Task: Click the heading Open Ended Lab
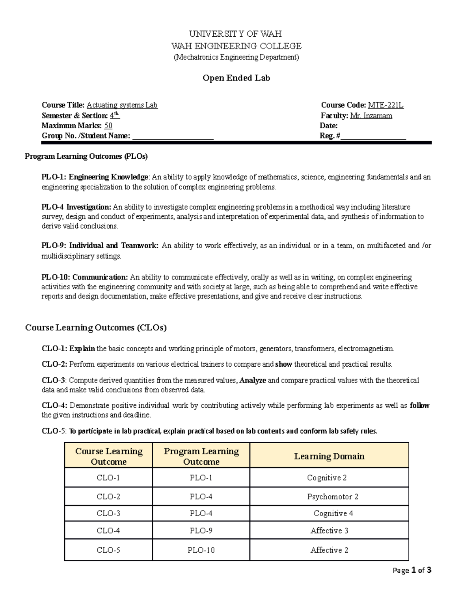[x=236, y=78]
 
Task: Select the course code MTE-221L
[x=385, y=105]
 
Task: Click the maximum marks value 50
[x=108, y=126]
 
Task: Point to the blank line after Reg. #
[x=373, y=137]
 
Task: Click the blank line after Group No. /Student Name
[x=173, y=137]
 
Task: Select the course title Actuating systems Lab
[x=122, y=105]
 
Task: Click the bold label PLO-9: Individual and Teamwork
[x=100, y=246]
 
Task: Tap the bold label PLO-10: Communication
[x=84, y=277]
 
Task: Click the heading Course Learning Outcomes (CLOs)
[x=96, y=328]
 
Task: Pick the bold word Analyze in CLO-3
[x=253, y=381]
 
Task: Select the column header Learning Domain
[x=329, y=456]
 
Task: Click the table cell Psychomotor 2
[x=333, y=497]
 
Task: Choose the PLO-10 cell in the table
[x=201, y=550]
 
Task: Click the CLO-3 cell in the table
[x=108, y=514]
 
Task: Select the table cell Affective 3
[x=329, y=531]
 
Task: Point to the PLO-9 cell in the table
[x=201, y=531]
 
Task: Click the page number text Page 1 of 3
[x=412, y=570]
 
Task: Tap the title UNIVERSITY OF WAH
[x=235, y=34]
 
